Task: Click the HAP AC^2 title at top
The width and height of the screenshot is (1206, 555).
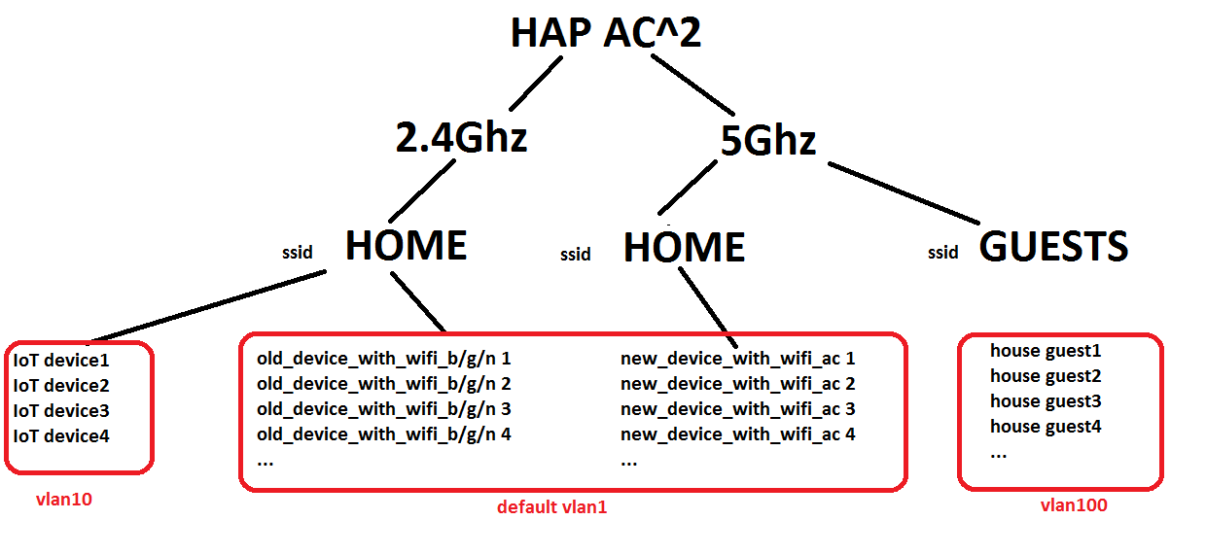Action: coord(605,33)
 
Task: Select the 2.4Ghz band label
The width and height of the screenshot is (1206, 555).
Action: coord(461,137)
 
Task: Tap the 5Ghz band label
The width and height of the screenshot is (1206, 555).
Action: coord(766,142)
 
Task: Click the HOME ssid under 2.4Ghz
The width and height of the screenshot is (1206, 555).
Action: coord(406,246)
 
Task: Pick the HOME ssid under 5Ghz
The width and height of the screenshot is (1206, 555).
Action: coord(684,248)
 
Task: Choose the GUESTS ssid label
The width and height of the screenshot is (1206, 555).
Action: coord(1053,247)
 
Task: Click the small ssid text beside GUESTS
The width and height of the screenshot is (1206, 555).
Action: coord(942,253)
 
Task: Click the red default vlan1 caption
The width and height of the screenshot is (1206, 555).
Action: coord(551,507)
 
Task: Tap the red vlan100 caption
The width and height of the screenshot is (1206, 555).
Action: coord(1074,505)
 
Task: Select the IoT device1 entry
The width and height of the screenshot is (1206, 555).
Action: coord(61,361)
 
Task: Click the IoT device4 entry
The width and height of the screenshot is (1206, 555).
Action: coord(61,436)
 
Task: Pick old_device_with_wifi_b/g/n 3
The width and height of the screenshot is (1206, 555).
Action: coord(383,409)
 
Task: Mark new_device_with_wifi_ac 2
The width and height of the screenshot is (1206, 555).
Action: coord(737,384)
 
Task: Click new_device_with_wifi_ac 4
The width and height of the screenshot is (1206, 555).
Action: coord(737,434)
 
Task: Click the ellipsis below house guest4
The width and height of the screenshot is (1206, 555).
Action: coord(999,453)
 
